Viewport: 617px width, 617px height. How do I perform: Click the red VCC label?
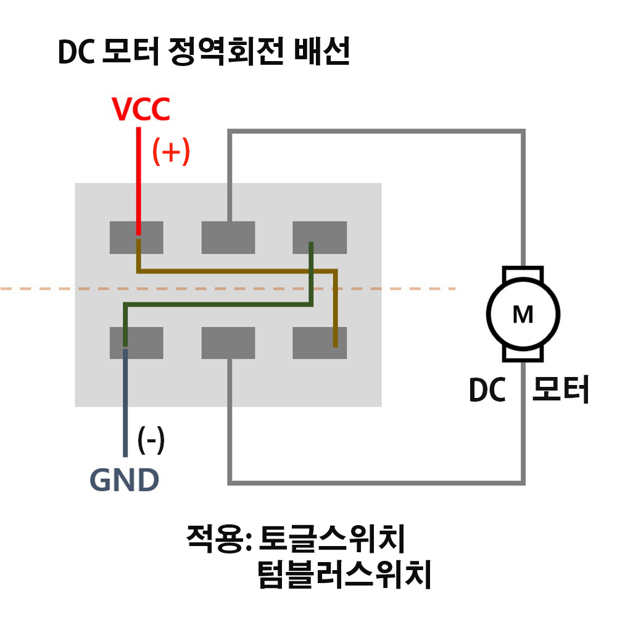141,109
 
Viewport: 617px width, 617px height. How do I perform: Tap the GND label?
125,479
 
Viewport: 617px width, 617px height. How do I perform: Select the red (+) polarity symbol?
171,152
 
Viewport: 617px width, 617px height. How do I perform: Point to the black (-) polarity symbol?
151,440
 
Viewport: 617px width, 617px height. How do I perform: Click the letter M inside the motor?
523,315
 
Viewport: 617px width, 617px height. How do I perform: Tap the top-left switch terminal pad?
136,238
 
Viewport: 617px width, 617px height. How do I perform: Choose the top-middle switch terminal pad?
228,238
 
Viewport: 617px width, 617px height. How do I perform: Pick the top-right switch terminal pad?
320,238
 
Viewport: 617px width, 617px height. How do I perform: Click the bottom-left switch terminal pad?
136,342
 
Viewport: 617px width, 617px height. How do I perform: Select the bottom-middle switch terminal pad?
228,342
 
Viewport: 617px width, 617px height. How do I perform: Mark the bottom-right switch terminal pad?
320,342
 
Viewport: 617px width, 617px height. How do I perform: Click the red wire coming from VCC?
138,181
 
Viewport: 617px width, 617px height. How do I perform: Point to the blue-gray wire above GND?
125,402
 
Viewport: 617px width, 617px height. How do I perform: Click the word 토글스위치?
332,539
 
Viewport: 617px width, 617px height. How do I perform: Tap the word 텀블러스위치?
344,574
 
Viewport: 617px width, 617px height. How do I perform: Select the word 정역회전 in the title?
226,52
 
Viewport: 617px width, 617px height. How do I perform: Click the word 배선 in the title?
322,51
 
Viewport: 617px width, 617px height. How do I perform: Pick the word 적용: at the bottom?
219,539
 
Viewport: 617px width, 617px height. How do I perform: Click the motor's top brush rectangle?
523,272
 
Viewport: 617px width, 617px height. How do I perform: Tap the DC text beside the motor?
487,389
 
